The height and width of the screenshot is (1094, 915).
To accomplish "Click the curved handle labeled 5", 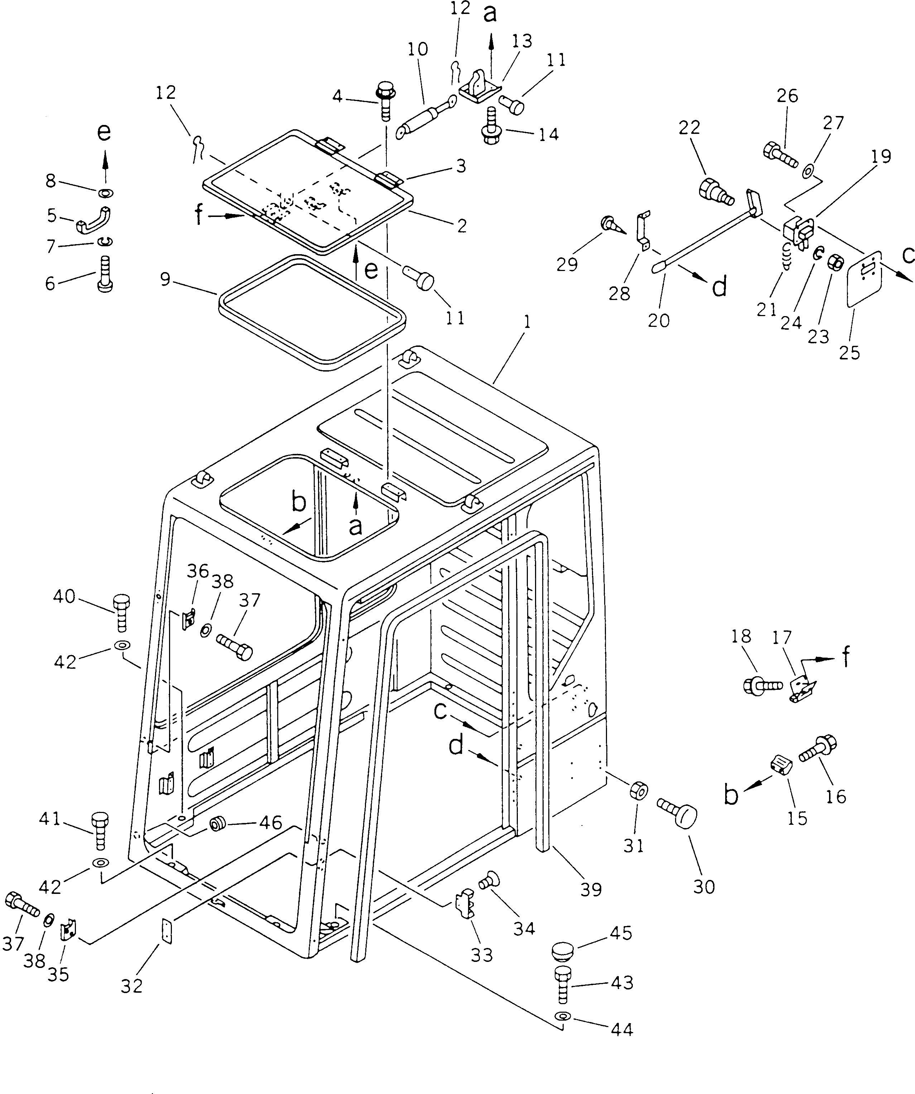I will (x=94, y=219).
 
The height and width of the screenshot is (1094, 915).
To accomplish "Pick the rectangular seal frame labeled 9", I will (x=311, y=311).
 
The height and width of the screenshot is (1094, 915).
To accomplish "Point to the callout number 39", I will (x=591, y=889).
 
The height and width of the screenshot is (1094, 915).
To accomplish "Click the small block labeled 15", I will (x=781, y=765).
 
